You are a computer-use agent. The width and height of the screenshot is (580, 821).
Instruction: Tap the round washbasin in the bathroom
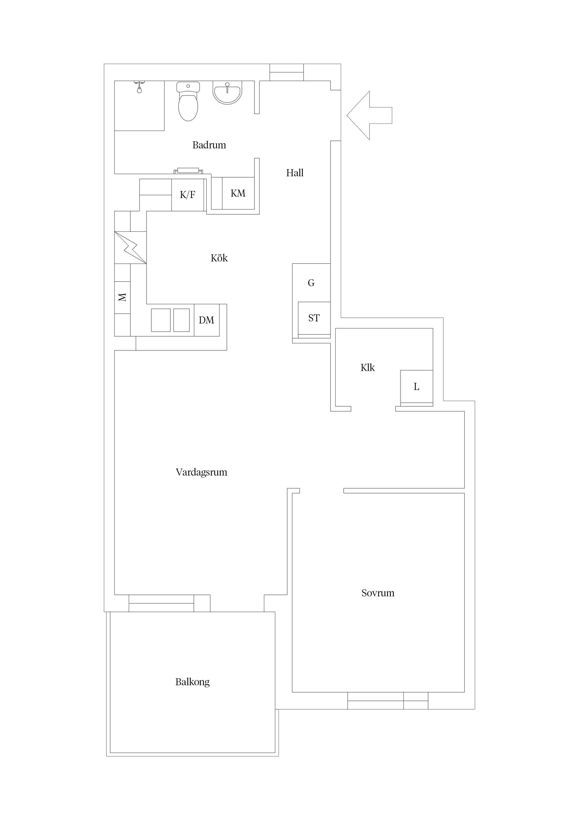tap(227, 92)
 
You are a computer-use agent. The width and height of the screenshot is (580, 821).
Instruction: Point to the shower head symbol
tap(139, 88)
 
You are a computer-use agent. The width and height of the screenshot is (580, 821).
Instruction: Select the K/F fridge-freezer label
tap(188, 195)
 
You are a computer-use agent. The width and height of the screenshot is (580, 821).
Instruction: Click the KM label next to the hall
tap(238, 194)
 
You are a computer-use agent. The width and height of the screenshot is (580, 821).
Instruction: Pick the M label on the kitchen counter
tap(122, 297)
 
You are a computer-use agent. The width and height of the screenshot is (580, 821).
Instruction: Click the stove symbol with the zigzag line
tap(130, 247)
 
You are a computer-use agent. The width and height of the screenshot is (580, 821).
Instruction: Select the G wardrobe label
tap(311, 283)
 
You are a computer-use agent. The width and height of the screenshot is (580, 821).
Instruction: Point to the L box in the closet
tap(416, 387)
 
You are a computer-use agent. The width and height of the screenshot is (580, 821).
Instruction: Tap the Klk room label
tap(368, 368)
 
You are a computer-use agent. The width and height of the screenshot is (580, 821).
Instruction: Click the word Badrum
tap(209, 145)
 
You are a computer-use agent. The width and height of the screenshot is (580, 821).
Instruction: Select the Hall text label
tap(295, 173)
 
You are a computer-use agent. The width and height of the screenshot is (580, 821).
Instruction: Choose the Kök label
tap(219, 258)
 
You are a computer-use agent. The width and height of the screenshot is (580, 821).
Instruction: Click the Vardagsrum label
tap(202, 472)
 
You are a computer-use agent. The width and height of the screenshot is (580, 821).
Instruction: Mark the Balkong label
tap(193, 682)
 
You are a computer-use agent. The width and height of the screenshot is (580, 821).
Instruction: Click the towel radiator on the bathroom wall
tap(188, 171)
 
